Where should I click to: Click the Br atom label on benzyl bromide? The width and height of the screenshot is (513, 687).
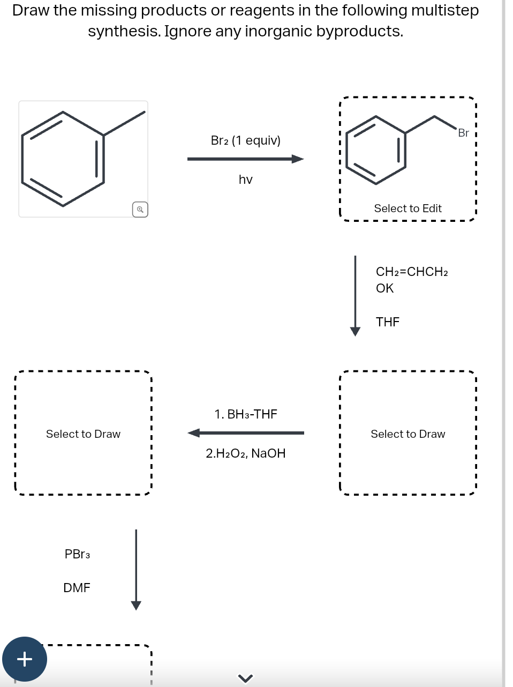(x=463, y=133)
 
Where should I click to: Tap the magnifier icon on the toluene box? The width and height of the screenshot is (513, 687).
(x=140, y=210)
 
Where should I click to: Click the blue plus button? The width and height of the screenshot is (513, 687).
(x=25, y=659)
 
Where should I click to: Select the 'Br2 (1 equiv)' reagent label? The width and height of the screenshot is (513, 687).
(x=245, y=140)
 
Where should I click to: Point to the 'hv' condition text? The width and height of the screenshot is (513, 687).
(x=245, y=180)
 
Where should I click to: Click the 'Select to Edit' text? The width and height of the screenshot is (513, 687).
(x=408, y=208)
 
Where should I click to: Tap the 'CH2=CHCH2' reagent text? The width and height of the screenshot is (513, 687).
(x=412, y=272)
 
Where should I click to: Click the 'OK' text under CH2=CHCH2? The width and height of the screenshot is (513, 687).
(x=384, y=288)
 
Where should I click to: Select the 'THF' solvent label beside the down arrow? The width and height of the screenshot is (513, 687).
(x=388, y=322)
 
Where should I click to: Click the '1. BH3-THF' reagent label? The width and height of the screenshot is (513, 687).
(x=246, y=414)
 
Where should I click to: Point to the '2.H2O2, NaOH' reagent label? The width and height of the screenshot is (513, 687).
(x=246, y=453)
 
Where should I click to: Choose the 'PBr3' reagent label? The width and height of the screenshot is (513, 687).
(x=77, y=554)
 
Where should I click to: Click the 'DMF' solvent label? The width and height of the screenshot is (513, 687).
(x=77, y=588)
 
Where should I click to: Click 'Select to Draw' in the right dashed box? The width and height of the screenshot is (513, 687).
(x=408, y=434)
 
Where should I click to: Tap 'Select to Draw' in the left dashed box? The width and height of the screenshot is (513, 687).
(x=83, y=434)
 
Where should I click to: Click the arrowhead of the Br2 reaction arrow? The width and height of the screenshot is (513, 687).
(x=298, y=159)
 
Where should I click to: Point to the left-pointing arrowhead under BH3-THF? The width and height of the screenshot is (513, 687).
(x=194, y=433)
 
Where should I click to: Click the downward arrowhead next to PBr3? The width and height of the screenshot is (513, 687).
(x=136, y=605)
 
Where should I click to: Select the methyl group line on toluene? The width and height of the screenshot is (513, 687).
(x=124, y=123)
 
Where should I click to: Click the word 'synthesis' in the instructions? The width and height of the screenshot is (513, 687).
(x=123, y=32)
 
